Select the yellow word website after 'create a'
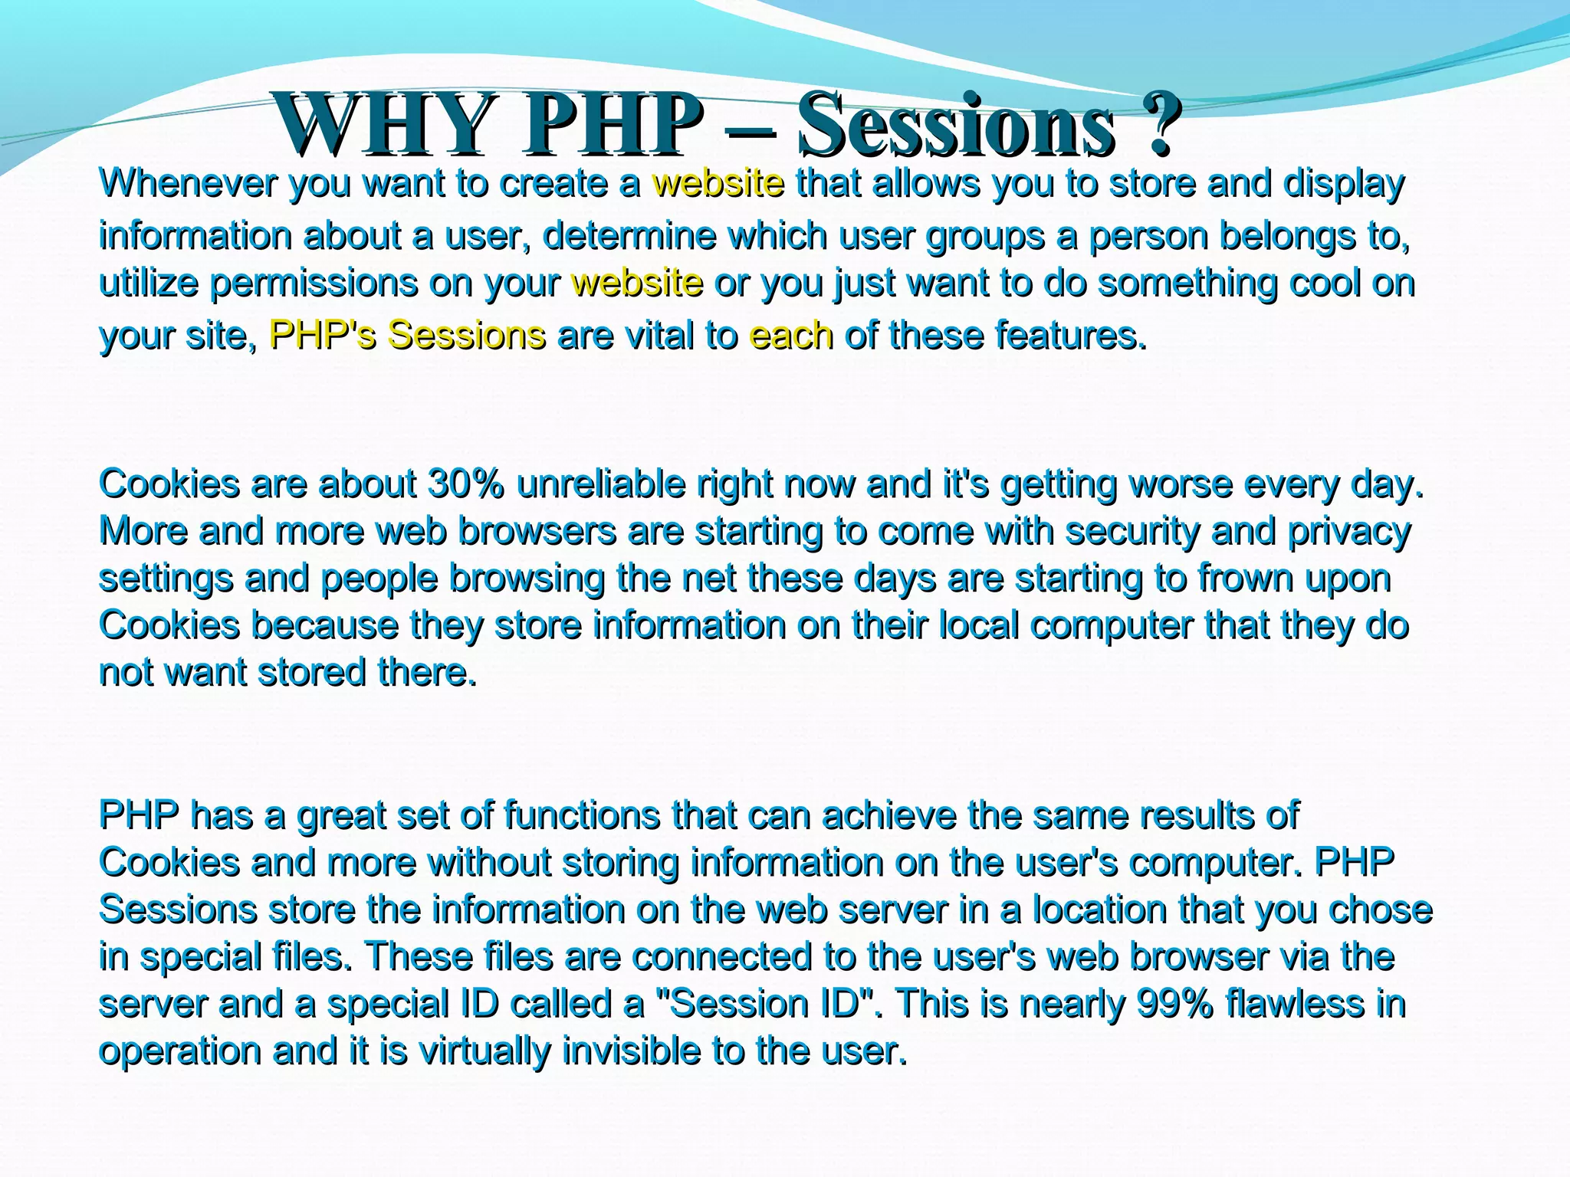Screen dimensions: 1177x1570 click(x=718, y=184)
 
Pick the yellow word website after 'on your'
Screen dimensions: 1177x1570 click(x=637, y=284)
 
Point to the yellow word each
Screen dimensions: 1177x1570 click(x=791, y=336)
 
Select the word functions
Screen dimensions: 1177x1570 click(x=581, y=815)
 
